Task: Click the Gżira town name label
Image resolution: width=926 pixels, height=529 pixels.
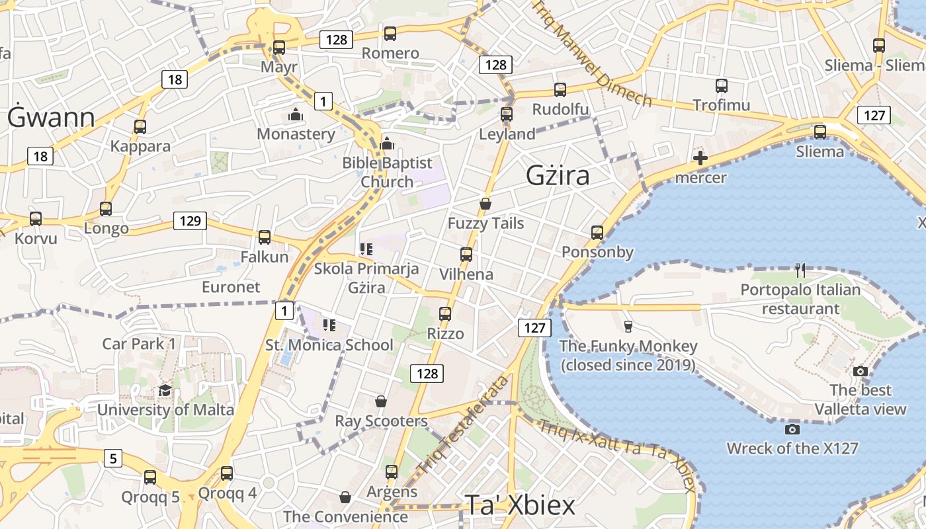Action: coord(558,176)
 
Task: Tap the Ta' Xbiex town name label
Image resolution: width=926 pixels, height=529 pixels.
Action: coord(520,505)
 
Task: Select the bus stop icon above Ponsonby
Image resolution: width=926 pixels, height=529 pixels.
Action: coord(597,232)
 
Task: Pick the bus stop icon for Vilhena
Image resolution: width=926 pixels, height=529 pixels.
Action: coord(466,255)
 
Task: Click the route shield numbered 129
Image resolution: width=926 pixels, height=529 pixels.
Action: coord(190,221)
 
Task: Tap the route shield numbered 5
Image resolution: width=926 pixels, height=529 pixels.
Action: coord(113,458)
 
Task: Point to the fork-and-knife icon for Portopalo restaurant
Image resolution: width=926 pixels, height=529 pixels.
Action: coord(800,270)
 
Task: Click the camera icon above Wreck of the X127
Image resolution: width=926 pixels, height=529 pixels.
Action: coord(792,429)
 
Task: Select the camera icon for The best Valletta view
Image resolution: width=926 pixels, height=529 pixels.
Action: coord(860,371)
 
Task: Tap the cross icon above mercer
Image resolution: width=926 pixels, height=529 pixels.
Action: coord(700,158)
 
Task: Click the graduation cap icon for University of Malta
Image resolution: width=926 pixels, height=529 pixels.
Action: coord(165,390)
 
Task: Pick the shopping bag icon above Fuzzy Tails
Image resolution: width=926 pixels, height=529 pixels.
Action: coord(485,204)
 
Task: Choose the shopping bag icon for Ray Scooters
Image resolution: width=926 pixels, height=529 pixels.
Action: coord(381,401)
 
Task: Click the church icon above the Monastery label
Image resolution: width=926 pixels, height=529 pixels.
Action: coord(296,115)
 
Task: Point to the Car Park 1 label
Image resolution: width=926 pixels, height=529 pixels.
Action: coord(139,344)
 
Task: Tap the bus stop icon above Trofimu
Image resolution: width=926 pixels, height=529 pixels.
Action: coord(721,86)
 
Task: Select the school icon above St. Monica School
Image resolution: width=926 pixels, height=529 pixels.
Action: coord(329,325)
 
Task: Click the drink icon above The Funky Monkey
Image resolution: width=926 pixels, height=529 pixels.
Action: coord(628,326)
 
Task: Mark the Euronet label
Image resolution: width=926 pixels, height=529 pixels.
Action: coord(231,287)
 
